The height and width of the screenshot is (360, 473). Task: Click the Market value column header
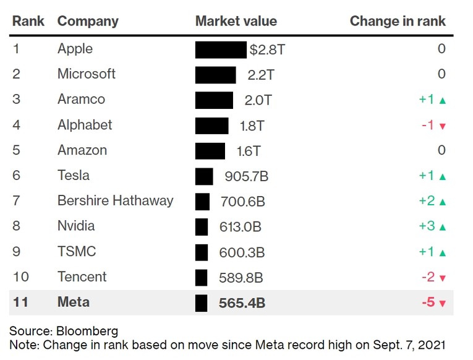236,21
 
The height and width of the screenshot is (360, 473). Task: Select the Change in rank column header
397,21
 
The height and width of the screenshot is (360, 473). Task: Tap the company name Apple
75,49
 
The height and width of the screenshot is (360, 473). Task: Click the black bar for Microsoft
215,75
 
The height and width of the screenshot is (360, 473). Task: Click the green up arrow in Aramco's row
442,100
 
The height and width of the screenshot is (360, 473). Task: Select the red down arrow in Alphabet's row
442,126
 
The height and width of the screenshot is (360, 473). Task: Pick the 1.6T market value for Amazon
248,151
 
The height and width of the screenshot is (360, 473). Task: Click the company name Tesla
73,176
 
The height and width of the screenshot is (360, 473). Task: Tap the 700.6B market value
242,202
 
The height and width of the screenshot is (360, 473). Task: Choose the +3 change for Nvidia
427,226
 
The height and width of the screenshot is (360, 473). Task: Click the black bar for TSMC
202,252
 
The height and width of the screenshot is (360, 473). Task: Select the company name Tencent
82,277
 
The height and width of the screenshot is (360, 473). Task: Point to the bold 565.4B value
243,303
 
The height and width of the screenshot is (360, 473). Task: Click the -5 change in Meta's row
428,303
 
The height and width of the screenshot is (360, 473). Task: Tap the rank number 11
20,303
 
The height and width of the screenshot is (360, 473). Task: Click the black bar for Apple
221,49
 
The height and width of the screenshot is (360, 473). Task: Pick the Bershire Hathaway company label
115,201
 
